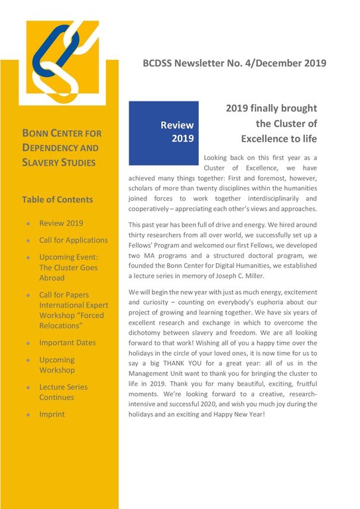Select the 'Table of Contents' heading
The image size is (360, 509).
(x=58, y=199)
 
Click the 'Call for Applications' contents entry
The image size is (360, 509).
(x=73, y=240)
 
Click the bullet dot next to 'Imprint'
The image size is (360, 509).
(x=27, y=414)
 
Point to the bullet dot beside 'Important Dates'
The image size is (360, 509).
(x=27, y=343)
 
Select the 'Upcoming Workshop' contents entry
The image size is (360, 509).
(x=57, y=365)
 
